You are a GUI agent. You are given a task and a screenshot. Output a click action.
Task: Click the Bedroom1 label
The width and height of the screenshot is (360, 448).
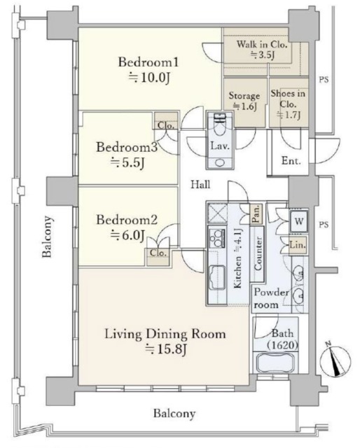pos(148,62)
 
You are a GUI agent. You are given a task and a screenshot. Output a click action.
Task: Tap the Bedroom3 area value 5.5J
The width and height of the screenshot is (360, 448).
pos(127,162)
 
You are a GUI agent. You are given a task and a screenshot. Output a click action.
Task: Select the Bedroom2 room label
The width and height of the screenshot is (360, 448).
pos(127,220)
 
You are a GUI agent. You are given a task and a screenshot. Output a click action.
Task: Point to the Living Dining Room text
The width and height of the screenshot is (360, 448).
pos(165,334)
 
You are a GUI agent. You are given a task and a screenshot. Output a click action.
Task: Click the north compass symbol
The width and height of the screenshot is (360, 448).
pos(335,359)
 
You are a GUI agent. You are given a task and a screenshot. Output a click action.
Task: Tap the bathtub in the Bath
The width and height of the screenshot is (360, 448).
pos(275,363)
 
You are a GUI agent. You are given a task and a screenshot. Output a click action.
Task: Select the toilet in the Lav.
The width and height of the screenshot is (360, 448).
pos(220,129)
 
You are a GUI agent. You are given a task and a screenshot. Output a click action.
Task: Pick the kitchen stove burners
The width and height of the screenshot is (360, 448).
pos(217,238)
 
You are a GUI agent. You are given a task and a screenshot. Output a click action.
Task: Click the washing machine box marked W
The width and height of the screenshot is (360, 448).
pos(299,221)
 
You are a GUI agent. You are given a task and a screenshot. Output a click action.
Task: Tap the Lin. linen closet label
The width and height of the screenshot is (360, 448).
pos(298,245)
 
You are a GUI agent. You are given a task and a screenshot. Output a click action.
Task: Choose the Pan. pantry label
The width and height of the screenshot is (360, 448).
pos(256,213)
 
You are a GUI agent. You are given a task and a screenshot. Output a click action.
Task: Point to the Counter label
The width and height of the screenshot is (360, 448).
pos(258,253)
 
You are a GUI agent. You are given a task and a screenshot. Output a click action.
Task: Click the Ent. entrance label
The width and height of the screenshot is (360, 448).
pos(291,160)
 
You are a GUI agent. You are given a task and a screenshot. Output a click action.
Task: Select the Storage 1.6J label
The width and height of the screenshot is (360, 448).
pos(244,101)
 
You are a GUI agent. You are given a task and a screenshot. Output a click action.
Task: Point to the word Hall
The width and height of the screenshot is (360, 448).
pos(200,184)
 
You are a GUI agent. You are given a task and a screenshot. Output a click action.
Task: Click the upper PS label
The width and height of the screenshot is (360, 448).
pos(324,79)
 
